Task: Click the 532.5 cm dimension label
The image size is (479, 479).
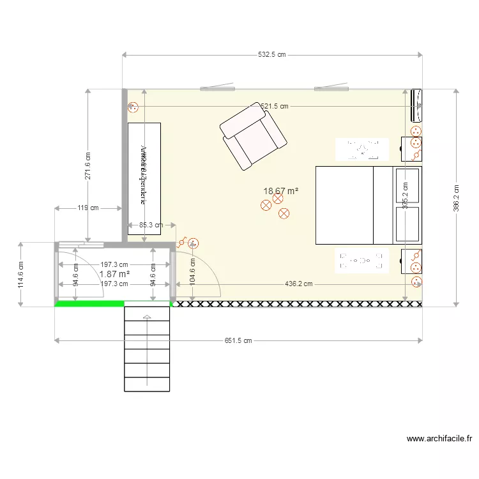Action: [271, 55]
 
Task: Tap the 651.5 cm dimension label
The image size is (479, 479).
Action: [238, 341]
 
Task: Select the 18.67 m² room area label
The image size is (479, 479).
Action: [281, 191]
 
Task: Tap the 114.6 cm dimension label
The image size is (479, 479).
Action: [20, 275]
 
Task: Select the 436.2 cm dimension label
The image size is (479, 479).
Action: [298, 284]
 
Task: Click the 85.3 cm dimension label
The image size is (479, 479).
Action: [151, 225]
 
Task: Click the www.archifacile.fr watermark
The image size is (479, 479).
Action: [439, 439]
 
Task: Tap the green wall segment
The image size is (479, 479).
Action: [89, 304]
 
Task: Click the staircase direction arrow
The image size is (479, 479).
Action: [148, 317]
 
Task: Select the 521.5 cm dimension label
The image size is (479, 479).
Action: [275, 107]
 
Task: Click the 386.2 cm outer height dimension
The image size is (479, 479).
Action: [456, 198]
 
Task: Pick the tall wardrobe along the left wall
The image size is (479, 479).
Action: [144, 178]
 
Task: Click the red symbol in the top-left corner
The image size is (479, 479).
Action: [133, 108]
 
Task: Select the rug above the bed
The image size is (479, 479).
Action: [362, 149]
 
